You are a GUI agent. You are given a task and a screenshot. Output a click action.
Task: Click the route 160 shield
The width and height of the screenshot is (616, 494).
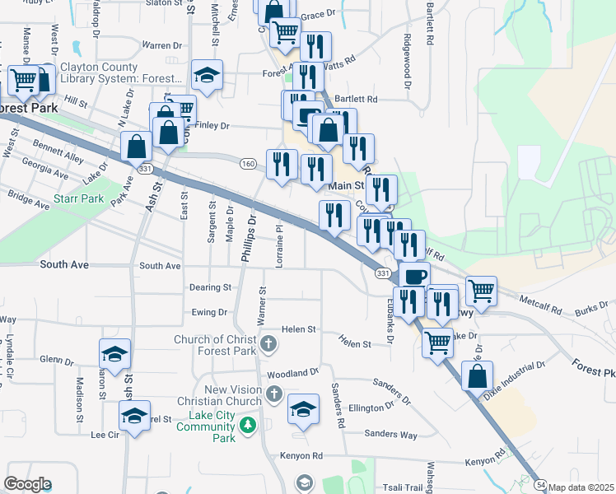(248, 164)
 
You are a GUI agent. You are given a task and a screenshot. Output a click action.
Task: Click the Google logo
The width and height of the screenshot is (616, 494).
(27, 484)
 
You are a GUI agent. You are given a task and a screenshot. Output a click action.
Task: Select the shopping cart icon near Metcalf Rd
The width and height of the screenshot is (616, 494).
(480, 290)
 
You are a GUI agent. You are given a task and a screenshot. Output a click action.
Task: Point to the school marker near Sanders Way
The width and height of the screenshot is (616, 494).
(303, 409)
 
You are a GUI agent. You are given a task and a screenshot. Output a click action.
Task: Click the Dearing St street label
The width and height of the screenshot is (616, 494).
(210, 287)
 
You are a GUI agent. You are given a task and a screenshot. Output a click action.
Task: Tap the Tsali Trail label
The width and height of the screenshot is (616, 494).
(401, 487)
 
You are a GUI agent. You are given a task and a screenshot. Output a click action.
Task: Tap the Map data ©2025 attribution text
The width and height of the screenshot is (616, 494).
(581, 487)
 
